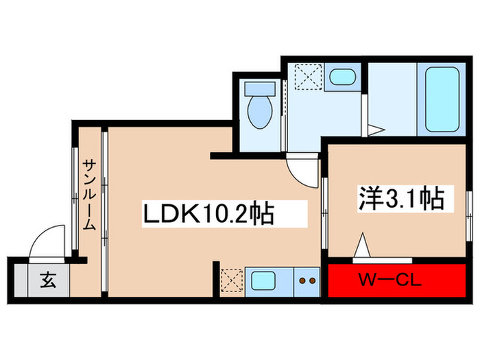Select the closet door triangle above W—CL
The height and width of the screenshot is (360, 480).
click(x=363, y=245)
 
